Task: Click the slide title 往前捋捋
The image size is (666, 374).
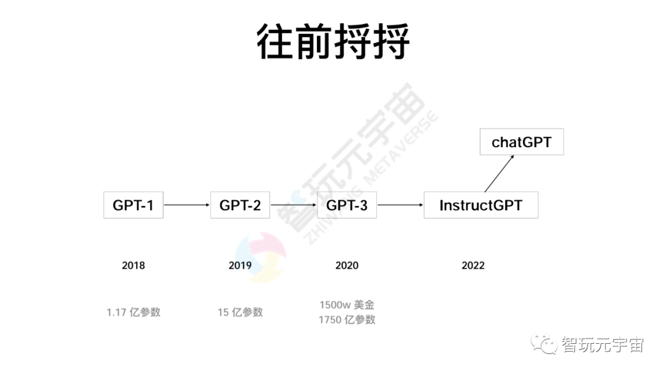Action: tap(333, 42)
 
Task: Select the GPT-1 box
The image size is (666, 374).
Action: tap(133, 205)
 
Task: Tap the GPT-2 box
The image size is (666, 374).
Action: tap(240, 205)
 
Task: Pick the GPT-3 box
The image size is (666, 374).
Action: tap(347, 205)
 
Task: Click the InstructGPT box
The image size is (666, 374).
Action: tap(480, 205)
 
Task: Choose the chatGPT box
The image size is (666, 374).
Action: tap(521, 142)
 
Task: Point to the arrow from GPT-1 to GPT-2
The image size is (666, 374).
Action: tap(186, 205)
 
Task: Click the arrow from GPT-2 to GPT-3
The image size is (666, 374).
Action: tap(294, 205)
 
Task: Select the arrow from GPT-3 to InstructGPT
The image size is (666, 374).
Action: tap(400, 205)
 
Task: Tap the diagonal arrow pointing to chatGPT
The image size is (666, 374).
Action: tap(499, 174)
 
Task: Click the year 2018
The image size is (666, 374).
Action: tap(133, 266)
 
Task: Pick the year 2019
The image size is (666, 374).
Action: tap(240, 266)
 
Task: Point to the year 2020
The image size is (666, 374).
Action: tap(347, 266)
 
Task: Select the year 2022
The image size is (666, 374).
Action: tap(473, 266)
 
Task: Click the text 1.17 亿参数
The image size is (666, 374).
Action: tap(133, 312)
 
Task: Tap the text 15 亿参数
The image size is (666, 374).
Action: tap(240, 312)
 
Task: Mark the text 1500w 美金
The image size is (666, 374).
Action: tap(347, 305)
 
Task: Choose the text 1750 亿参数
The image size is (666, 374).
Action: tap(347, 320)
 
